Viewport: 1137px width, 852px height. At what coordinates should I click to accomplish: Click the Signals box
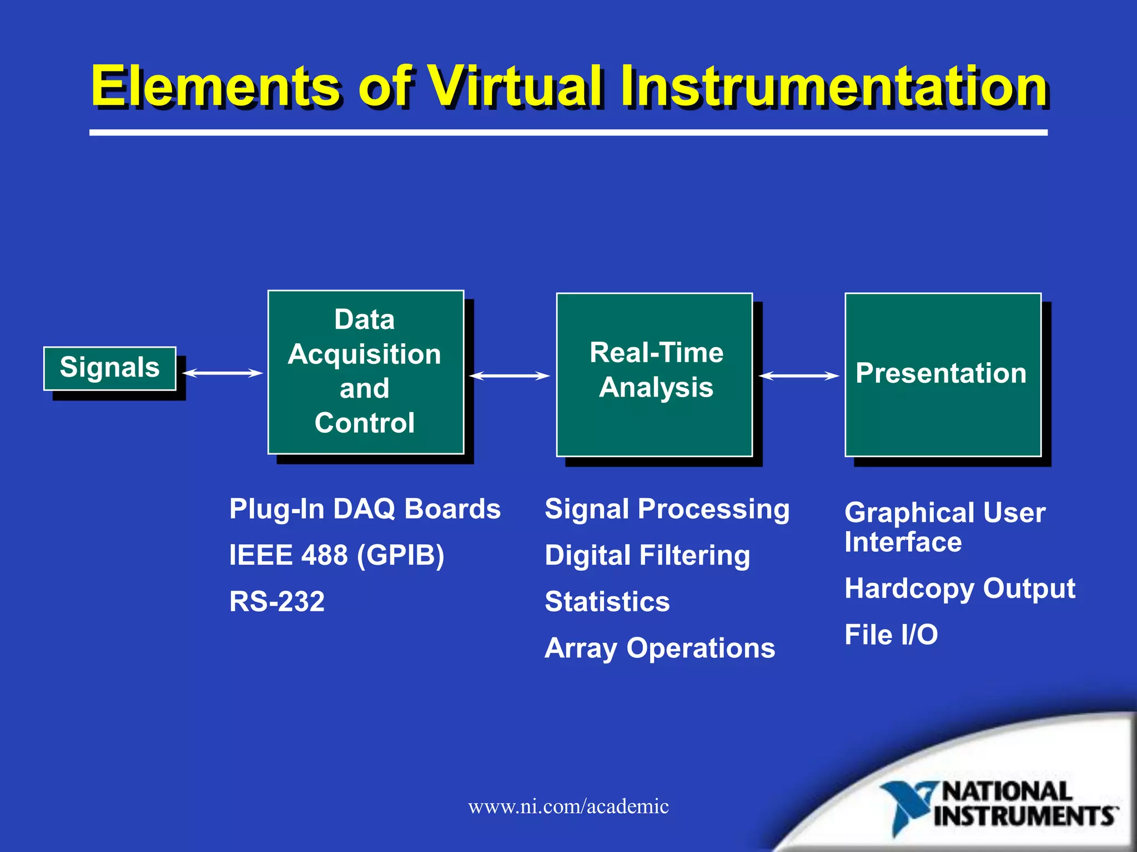coord(110,368)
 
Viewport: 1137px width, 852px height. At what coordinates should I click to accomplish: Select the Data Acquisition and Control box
coord(365,372)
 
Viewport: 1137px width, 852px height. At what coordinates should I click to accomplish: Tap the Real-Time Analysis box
coord(654,374)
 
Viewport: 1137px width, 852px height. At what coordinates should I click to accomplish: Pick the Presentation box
coord(942,374)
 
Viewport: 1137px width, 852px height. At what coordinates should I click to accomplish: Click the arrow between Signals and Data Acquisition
coord(223,373)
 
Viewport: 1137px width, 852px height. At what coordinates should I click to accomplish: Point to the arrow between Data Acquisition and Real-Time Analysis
coord(510,376)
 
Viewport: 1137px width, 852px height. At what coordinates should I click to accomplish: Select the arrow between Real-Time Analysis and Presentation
coord(798,376)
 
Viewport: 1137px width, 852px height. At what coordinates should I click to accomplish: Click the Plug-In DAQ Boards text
coord(365,509)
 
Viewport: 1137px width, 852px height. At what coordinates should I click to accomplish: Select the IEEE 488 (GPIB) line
coord(336,555)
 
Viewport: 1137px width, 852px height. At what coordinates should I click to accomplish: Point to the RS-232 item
coord(276,602)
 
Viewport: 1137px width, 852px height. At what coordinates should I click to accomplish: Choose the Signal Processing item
coord(667,509)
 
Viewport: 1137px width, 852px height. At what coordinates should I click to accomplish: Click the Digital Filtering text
coord(647,555)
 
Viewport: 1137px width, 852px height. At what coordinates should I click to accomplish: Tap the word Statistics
coord(607,602)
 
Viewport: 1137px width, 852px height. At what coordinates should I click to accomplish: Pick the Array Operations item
coord(660,648)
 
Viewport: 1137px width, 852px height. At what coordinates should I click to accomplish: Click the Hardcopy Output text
coord(959,589)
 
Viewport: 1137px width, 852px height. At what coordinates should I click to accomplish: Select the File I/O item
coord(891,635)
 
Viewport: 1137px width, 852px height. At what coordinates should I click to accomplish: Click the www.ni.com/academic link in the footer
coord(568,807)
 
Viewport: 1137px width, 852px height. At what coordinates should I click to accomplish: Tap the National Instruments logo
coord(999,807)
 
